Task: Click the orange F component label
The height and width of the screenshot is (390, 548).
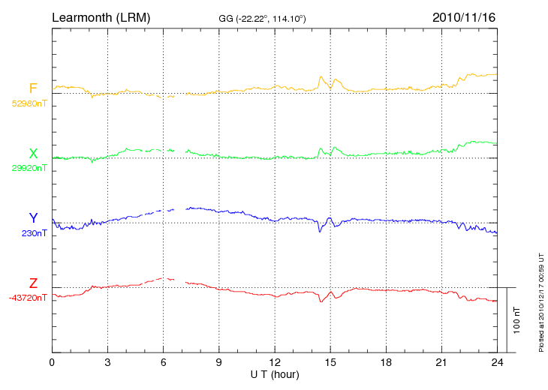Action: tap(33, 89)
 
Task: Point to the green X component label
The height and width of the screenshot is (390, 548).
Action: tap(33, 154)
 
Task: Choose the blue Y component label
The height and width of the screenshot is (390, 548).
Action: tap(33, 218)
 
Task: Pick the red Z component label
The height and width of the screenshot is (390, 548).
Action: tap(33, 283)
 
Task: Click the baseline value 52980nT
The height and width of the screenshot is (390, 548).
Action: tap(29, 103)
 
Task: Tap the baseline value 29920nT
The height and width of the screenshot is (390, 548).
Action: tap(29, 168)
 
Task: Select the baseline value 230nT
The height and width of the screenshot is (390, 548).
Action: tap(35, 233)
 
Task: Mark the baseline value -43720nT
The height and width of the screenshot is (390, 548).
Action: tap(28, 298)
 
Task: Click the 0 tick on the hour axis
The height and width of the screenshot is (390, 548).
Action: tap(52, 362)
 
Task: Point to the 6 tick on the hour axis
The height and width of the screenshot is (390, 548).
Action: tap(164, 362)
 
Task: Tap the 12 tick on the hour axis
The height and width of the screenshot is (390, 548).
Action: tap(275, 362)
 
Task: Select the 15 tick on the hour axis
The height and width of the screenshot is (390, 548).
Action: tap(330, 362)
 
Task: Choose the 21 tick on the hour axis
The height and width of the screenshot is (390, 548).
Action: tap(441, 362)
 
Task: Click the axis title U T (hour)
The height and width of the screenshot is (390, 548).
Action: tap(275, 373)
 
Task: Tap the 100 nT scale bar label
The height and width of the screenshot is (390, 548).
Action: tap(517, 319)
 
